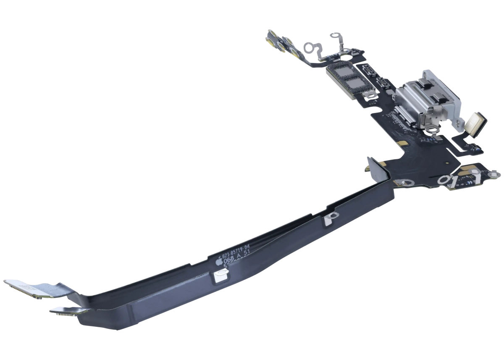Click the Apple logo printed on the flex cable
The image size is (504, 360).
coord(218,262)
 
